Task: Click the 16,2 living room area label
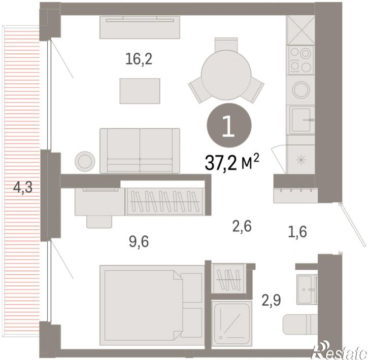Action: pyautogui.click(x=139, y=59)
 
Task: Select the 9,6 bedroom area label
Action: pyautogui.click(x=139, y=242)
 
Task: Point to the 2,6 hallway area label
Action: pyautogui.click(x=242, y=227)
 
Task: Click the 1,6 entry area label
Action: pyautogui.click(x=297, y=232)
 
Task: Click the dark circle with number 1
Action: pyautogui.click(x=229, y=125)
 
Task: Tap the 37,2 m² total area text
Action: pyautogui.click(x=232, y=162)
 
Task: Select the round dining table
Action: pyautogui.click(x=226, y=71)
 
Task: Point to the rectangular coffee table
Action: pyautogui.click(x=140, y=91)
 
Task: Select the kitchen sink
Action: pyautogui.click(x=302, y=120)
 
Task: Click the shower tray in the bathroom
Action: pyautogui.click(x=231, y=321)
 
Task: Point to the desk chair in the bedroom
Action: pyautogui.click(x=99, y=221)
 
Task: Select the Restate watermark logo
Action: pyautogui.click(x=341, y=351)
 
